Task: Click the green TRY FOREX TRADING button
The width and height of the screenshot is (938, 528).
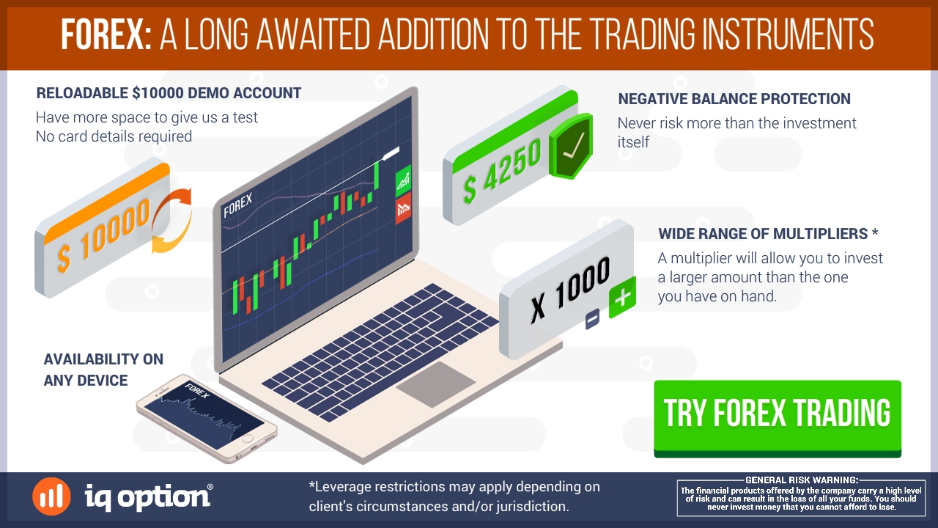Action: (778, 418)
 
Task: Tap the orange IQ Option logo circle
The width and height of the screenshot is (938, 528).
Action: (51, 496)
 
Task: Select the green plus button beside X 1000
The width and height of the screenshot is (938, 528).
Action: (622, 297)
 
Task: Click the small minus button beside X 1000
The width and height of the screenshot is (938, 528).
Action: (592, 319)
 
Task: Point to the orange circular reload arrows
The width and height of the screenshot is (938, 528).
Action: (171, 221)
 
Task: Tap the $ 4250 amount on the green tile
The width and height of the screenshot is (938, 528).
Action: (502, 171)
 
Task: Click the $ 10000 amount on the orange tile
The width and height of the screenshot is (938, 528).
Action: (103, 235)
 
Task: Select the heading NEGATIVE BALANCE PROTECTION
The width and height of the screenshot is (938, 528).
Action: (734, 99)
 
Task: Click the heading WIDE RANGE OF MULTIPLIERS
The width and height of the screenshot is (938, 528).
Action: (763, 234)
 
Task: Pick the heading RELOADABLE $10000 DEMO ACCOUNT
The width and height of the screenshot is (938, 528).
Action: (169, 93)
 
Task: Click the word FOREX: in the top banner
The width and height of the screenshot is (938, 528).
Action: (106, 34)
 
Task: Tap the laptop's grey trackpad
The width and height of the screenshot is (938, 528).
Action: (435, 384)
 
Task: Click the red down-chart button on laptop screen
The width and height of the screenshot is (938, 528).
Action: (403, 208)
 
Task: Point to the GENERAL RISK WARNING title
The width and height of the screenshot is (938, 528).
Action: (802, 480)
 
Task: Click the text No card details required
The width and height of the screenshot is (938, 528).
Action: (114, 136)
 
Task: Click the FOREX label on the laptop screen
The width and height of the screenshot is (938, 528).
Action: (238, 205)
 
